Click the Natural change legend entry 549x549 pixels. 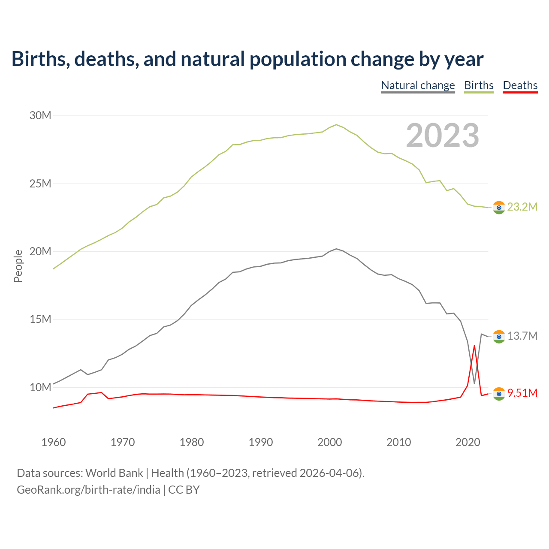tap(418, 85)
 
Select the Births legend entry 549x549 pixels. tap(479, 85)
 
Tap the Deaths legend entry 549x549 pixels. tap(520, 85)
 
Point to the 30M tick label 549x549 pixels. tap(40, 115)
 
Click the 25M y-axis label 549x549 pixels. tap(40, 184)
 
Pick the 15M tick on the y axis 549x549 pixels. tap(40, 320)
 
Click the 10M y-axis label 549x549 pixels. tap(40, 387)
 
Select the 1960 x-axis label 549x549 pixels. tap(54, 442)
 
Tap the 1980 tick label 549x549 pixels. tap(192, 442)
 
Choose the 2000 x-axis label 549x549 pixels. tap(330, 442)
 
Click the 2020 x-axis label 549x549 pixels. tap(468, 442)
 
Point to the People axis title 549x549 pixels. tap(18, 266)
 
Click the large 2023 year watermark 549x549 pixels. tap(442, 136)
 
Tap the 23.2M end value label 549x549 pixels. tap(522, 207)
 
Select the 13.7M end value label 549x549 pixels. tap(522, 336)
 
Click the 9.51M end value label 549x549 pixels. tap(522, 393)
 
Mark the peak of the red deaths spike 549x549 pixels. tap(474, 346)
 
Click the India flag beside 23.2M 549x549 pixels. tap(499, 208)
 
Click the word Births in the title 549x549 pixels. tap(38, 59)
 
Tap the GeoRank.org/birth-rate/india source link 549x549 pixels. tap(88, 489)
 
